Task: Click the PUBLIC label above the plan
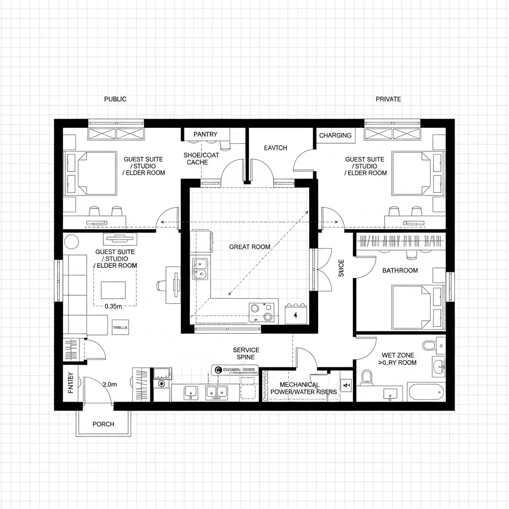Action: pos(115,99)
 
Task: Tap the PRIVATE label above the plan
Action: pos(388,99)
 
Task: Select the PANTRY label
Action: pos(205,134)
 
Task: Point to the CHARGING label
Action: pos(335,135)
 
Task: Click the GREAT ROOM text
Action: pos(250,247)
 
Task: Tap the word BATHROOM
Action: pos(400,270)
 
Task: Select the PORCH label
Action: pos(103,424)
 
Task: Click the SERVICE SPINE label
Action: pos(246,353)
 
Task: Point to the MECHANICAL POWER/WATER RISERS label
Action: pos(303,388)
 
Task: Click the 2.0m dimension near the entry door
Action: pos(109,384)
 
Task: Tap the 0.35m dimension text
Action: pos(113,307)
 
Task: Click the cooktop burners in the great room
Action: pos(262,312)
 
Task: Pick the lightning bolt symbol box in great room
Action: pos(296,315)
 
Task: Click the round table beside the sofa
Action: pos(72,242)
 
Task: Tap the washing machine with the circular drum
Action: pos(162,383)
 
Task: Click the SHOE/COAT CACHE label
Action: pos(201,159)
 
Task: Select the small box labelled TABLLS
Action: pos(120,328)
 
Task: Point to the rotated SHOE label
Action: pos(341,268)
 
